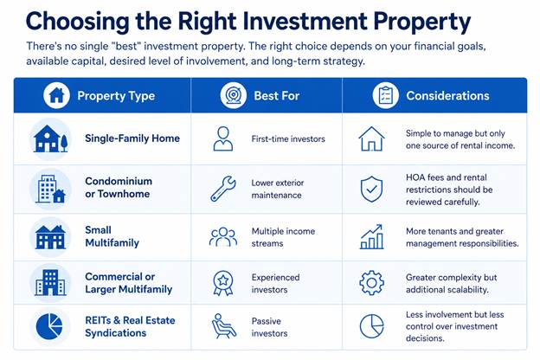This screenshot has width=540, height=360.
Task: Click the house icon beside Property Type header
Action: tap(56, 95)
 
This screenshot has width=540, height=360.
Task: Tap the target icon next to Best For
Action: tap(233, 95)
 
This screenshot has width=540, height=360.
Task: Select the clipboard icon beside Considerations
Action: tap(385, 95)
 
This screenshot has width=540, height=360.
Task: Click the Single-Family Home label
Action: tap(132, 138)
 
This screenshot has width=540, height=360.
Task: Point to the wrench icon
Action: tap(223, 189)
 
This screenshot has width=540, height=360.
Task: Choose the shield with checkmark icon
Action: tap(371, 190)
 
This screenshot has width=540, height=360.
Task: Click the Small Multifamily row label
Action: tap(112, 236)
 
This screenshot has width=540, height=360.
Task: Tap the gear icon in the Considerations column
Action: tap(371, 283)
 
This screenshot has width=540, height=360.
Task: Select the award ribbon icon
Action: tap(223, 283)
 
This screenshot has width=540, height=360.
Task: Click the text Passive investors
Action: tap(269, 327)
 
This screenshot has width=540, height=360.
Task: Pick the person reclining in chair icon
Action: tap(224, 326)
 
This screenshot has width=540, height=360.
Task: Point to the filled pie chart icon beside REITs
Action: tap(49, 326)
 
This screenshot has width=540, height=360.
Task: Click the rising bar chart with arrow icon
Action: tap(371, 236)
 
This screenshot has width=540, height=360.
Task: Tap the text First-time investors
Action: tap(288, 138)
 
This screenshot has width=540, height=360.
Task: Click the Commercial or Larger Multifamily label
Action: tap(128, 283)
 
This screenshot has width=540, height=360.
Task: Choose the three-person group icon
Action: tap(223, 236)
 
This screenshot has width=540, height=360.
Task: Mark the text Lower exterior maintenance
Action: tap(278, 189)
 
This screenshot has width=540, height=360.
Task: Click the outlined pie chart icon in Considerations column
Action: tap(371, 326)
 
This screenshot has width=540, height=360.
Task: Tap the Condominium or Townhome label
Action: tap(119, 188)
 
